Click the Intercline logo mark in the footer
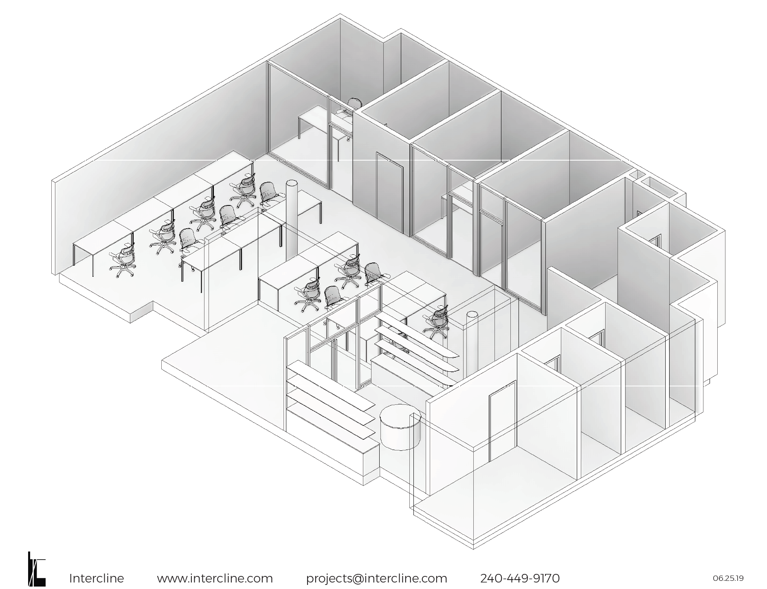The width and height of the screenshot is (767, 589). (x=36, y=569)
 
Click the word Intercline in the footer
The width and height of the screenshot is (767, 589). (x=97, y=578)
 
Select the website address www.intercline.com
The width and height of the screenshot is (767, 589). (x=215, y=578)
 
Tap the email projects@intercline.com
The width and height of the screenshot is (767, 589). (x=376, y=578)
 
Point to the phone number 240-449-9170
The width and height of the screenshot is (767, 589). (x=520, y=578)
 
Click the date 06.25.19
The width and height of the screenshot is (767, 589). (x=728, y=578)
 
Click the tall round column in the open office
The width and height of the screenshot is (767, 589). (x=292, y=220)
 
